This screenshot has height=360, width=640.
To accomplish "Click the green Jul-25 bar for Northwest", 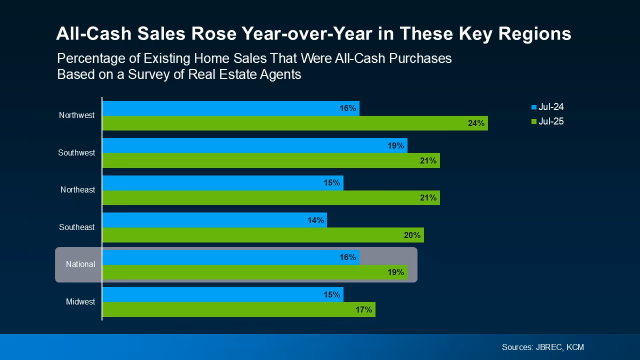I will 295,123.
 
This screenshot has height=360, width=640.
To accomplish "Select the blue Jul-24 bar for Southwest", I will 255,145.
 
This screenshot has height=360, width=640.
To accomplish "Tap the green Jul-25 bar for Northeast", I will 271,198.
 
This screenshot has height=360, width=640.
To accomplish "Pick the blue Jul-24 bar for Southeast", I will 214,220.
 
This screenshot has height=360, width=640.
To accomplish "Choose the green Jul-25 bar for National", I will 255,272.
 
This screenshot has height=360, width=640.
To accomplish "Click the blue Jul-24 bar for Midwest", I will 223,294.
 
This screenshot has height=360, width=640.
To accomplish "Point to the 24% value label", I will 476,123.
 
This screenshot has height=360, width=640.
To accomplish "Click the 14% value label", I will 315,220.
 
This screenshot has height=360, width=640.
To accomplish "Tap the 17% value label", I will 363,310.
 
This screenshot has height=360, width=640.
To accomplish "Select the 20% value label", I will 412,235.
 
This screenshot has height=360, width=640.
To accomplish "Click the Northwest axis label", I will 76,115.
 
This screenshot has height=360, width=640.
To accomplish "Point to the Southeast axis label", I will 76,227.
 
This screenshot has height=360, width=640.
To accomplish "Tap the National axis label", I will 80,264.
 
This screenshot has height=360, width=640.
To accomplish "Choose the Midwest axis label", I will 80,302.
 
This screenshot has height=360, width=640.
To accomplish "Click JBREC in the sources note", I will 547,347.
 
